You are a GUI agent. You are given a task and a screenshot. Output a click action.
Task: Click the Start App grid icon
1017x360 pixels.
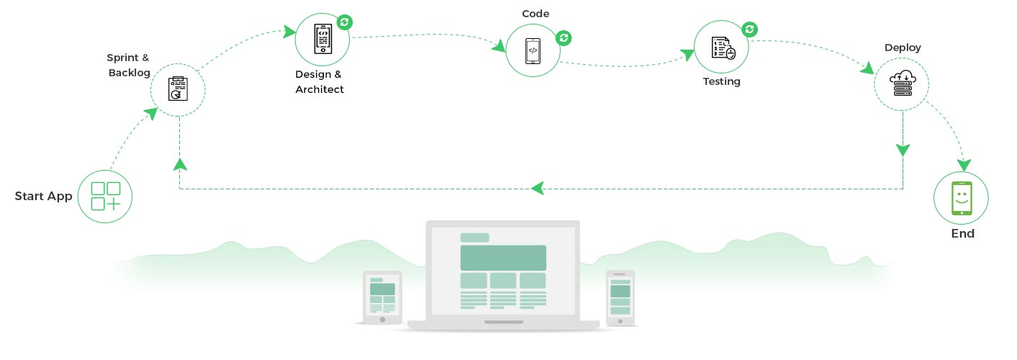[x=106, y=196]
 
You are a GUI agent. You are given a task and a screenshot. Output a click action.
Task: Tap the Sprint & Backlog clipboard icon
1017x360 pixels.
[x=178, y=89]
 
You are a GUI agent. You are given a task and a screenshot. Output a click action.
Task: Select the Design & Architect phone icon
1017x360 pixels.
[x=322, y=40]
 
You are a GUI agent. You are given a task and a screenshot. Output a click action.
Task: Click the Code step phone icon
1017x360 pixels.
[x=533, y=50]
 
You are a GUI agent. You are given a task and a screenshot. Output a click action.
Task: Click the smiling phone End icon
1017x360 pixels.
[x=961, y=198]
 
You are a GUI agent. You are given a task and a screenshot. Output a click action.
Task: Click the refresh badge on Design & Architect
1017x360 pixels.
[x=345, y=22]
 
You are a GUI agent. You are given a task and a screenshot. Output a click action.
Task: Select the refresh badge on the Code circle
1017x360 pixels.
[x=564, y=37]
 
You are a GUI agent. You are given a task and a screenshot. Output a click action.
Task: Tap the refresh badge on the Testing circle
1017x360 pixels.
[x=750, y=29]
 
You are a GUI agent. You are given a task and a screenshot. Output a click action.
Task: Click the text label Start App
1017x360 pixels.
[x=44, y=196]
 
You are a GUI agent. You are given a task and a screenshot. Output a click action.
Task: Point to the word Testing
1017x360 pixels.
[x=721, y=81]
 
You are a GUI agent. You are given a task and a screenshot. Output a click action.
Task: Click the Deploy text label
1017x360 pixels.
[x=903, y=48]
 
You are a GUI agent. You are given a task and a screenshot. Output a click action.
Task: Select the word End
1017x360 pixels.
[x=962, y=233]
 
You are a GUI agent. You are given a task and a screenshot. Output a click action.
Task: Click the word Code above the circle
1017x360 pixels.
[x=535, y=14]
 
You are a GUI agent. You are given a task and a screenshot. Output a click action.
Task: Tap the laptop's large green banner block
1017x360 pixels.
[x=503, y=257]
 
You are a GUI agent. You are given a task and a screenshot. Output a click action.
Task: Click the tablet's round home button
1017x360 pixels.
[x=382, y=318]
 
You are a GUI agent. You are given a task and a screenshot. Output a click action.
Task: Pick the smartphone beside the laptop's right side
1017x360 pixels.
[x=620, y=297]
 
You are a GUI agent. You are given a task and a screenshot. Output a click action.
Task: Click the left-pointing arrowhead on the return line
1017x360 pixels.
[x=537, y=189]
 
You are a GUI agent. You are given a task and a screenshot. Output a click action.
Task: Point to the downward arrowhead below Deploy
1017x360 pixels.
[x=903, y=150]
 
